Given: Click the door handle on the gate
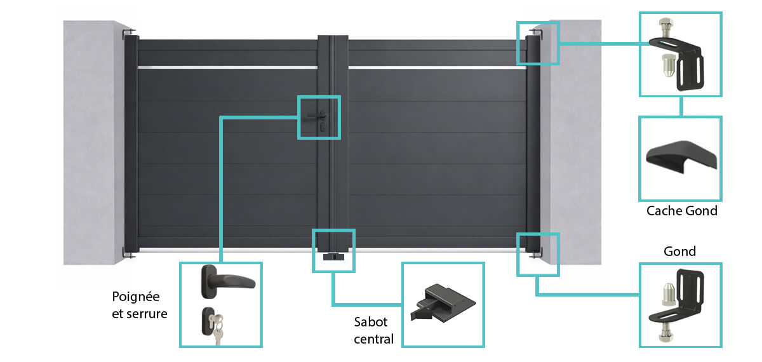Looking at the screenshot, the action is click(x=317, y=116).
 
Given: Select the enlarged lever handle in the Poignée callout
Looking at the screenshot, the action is click(x=226, y=281).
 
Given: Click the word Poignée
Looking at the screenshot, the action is click(x=136, y=297).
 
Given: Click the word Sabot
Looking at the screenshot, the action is click(x=370, y=322).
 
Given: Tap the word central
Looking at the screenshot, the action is click(x=373, y=339).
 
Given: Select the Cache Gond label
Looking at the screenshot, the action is click(x=682, y=211).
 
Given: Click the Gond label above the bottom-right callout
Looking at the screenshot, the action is click(x=679, y=251).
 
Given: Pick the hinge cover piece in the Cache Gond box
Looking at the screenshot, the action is click(x=681, y=156).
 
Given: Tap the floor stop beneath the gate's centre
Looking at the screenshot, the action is click(x=333, y=257).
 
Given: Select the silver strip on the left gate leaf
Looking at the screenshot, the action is click(x=227, y=68).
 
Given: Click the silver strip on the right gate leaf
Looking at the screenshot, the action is click(x=438, y=68).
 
